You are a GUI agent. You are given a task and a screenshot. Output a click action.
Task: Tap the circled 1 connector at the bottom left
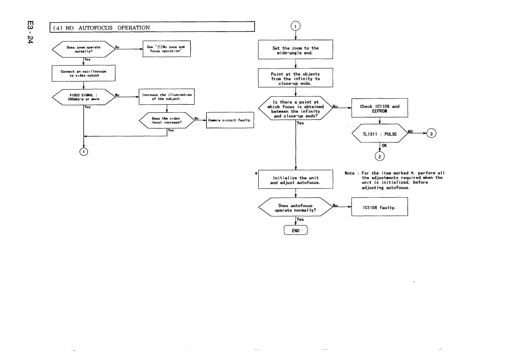84,151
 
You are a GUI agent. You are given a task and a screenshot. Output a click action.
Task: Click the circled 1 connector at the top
296,26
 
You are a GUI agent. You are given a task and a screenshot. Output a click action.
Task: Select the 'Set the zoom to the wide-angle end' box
296,50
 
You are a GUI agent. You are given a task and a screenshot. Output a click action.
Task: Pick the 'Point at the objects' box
296,78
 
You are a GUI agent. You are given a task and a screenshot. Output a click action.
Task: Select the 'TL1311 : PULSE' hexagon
380,134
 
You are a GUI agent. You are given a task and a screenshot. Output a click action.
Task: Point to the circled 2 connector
380,156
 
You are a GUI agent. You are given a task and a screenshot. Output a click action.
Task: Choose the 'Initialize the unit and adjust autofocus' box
296,180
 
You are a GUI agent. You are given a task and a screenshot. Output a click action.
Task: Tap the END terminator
296,230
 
